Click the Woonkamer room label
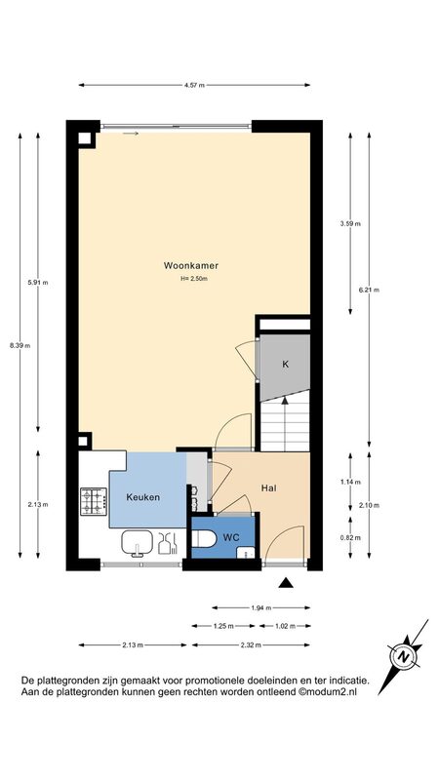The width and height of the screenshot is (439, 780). coord(191,265)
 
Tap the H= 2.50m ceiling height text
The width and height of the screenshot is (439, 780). coord(194,279)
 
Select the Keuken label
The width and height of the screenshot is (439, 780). coord(142,497)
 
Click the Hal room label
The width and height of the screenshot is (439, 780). coord(269,488)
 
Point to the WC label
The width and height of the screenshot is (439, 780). coord(232,538)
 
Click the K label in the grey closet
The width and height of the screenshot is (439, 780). coord(285,364)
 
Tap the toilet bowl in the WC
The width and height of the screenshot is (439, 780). coord(204,538)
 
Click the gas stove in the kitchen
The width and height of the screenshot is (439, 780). coord(94,501)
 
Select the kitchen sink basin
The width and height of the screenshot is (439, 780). coord(137,542)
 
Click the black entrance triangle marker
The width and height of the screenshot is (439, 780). coord(286,583)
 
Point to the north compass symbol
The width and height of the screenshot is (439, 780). coord(404,656)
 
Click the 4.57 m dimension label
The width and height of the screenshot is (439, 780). coord(194,85)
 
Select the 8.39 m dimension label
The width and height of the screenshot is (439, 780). coord(20,346)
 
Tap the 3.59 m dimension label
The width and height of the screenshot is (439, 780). coord(350,224)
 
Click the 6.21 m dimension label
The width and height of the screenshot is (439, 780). coord(369,290)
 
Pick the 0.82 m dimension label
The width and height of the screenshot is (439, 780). coord(350,537)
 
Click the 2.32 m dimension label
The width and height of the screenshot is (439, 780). coord(251,645)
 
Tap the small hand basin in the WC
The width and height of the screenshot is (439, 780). coord(246,552)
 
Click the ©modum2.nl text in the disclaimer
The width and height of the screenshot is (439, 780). coord(328,691)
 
